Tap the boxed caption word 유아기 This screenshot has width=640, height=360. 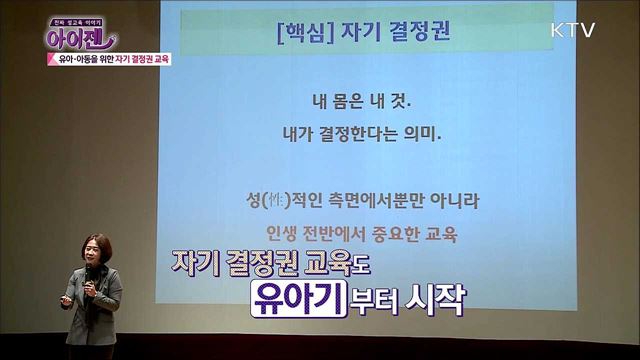pos(297,297)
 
